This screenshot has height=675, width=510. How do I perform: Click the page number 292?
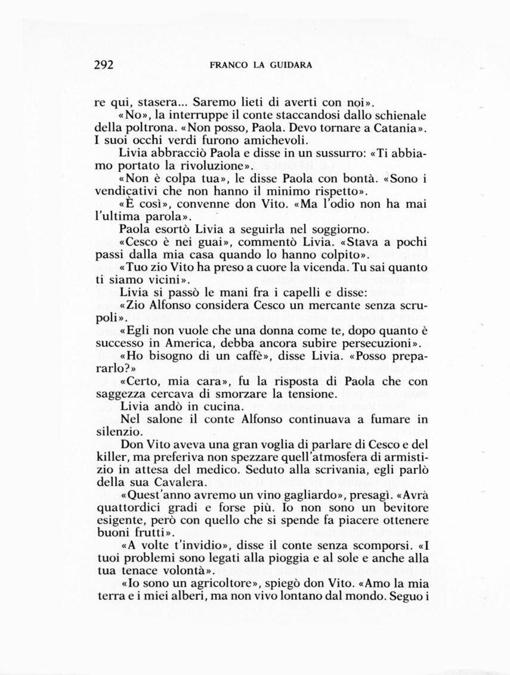point(104,65)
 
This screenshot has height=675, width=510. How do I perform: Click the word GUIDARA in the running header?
point(290,66)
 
